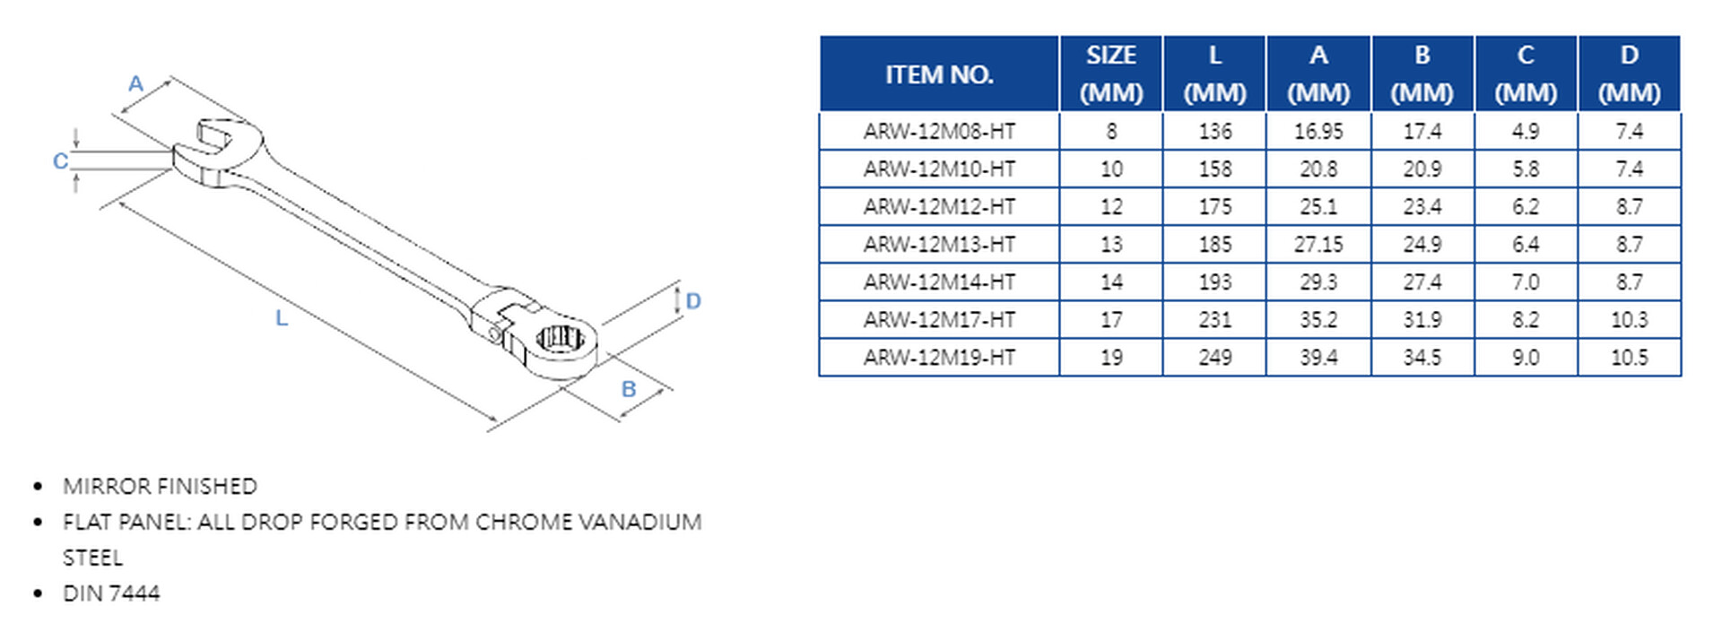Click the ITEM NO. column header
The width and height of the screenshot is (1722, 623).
[x=939, y=74]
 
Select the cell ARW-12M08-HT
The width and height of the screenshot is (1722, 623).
[x=939, y=132]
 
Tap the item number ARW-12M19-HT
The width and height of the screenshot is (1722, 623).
[x=939, y=358]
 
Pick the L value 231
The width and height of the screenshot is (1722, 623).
[x=1214, y=320]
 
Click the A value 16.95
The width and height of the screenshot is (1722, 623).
[x=1318, y=132]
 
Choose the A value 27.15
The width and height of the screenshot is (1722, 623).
[x=1318, y=245]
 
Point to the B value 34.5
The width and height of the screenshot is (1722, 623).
[x=1422, y=358]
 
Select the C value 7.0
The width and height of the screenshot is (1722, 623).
[x=1525, y=282]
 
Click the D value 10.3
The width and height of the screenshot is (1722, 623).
[x=1629, y=320]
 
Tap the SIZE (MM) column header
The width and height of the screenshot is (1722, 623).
[x=1111, y=74]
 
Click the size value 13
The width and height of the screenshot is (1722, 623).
[x=1111, y=245]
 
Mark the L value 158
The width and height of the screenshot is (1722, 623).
[x=1214, y=169]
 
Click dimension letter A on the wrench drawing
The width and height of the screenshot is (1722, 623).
[x=135, y=84]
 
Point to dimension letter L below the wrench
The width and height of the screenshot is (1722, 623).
[x=281, y=318]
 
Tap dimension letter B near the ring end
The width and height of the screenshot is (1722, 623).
[x=629, y=389]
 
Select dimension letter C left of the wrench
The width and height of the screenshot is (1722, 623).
[x=60, y=161]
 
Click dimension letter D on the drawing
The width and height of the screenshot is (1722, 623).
[x=692, y=301]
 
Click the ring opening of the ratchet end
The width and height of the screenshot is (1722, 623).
[x=560, y=339]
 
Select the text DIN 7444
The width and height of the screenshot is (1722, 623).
[x=111, y=593]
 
